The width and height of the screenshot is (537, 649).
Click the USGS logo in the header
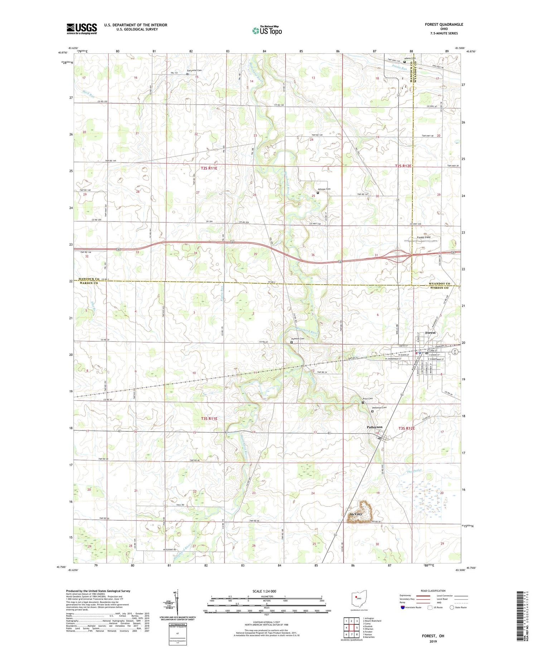point(82,29)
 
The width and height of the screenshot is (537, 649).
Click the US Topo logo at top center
point(267,30)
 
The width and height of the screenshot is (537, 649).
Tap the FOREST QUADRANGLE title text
point(444,24)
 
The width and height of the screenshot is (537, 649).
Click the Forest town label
point(430,333)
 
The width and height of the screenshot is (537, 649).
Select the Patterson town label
point(374,427)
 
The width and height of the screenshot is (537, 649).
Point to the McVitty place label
point(355,514)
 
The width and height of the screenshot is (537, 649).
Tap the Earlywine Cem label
point(194,71)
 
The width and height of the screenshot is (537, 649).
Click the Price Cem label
point(368,399)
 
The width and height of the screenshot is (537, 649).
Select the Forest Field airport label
point(424,237)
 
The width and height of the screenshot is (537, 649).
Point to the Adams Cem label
point(410,58)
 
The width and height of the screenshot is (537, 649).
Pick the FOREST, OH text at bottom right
point(432,636)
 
